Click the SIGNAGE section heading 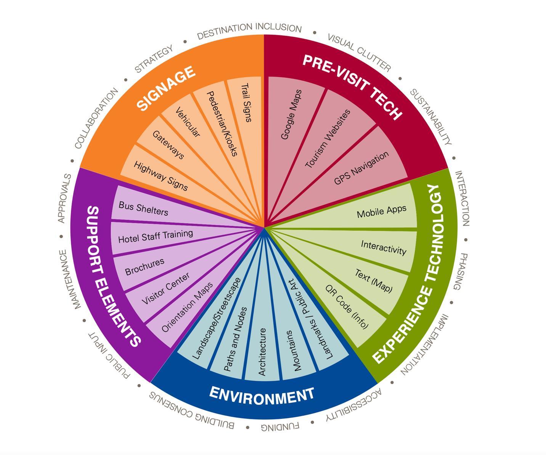point(166,88)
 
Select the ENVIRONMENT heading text point(262,396)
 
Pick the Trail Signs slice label point(247,103)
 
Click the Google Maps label point(291,114)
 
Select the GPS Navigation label point(361,168)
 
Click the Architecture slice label point(262,352)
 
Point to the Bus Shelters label point(143,208)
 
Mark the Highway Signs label point(161,176)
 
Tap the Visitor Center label point(165,288)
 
